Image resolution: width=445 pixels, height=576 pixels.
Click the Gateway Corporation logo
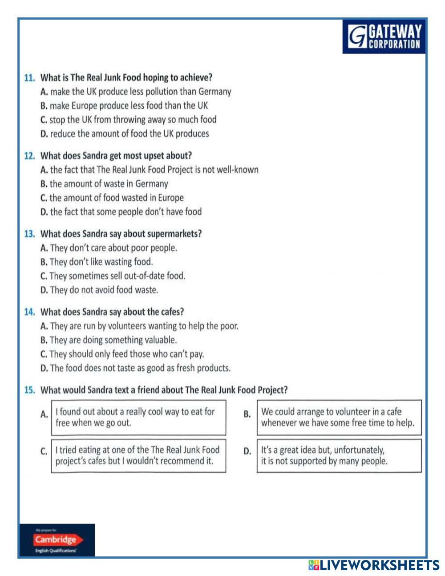[x=384, y=37]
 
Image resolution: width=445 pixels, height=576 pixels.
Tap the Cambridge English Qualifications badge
[x=57, y=540]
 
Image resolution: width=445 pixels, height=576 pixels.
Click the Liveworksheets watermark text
[x=374, y=565]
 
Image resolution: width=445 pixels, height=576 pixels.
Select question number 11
[x=29, y=77]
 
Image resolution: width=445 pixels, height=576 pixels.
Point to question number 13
[x=29, y=234]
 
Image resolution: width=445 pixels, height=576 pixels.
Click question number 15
[x=29, y=390]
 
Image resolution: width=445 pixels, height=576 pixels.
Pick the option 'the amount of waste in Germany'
[x=109, y=183]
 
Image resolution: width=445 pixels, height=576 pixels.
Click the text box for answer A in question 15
[x=138, y=418]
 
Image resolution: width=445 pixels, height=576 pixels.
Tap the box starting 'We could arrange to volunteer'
[x=339, y=418]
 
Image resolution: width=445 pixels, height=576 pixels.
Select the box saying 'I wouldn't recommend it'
[x=138, y=455]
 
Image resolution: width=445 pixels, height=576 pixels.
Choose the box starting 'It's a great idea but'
[x=339, y=455]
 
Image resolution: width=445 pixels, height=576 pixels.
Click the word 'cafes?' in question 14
[x=171, y=312]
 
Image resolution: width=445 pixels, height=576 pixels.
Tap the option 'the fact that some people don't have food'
[x=125, y=212]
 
